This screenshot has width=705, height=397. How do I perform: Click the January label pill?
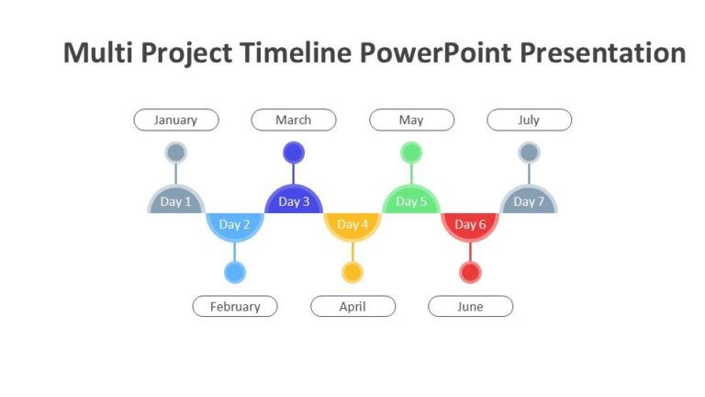tap(176, 120)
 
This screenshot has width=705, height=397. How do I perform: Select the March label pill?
tap(294, 120)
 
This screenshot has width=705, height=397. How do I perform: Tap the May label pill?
tap(411, 120)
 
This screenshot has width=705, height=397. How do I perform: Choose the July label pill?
tap(529, 120)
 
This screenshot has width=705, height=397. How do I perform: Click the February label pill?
tap(235, 307)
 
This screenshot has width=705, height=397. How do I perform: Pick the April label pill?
tap(352, 307)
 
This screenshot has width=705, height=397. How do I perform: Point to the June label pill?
tap(470, 307)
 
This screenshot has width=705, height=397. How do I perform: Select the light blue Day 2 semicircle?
tap(235, 225)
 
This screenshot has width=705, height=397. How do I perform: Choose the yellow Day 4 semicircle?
tap(352, 225)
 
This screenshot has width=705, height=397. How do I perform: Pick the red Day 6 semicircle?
tap(470, 225)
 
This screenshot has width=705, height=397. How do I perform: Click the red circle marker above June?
tap(470, 273)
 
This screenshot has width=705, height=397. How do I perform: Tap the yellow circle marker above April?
tap(352, 273)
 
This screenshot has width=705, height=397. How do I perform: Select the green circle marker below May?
tap(411, 153)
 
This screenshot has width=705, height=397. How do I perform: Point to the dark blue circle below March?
tap(294, 153)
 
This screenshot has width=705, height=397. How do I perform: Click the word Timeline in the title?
tap(297, 53)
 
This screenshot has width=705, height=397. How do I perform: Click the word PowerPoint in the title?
tap(436, 53)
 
